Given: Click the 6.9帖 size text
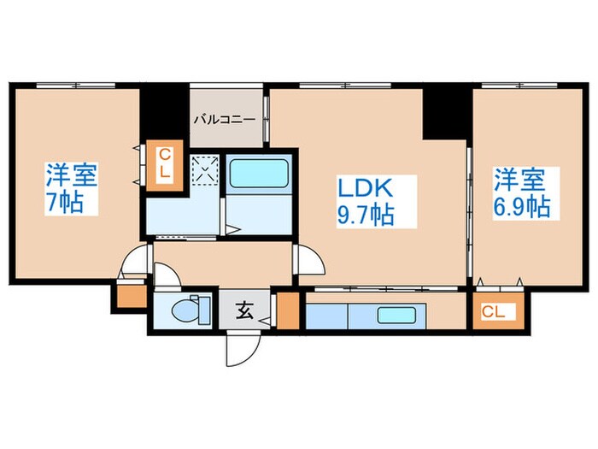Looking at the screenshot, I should tap(520, 206).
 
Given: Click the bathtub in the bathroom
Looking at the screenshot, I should tap(260, 174).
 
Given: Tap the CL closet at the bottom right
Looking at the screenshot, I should tap(493, 311).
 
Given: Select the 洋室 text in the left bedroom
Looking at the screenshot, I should tap(72, 178).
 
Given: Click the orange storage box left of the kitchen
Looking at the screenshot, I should tap(289, 312).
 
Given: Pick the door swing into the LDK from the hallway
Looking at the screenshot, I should tap(307, 257).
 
